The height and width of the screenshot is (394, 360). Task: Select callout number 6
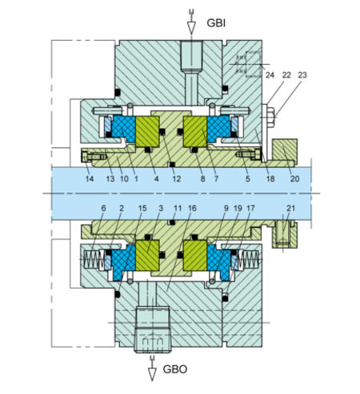coord(103,207)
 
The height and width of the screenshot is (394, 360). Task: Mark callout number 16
coord(191,207)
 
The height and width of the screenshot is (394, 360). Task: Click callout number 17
coord(250,207)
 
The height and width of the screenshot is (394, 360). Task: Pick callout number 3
coord(160,207)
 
